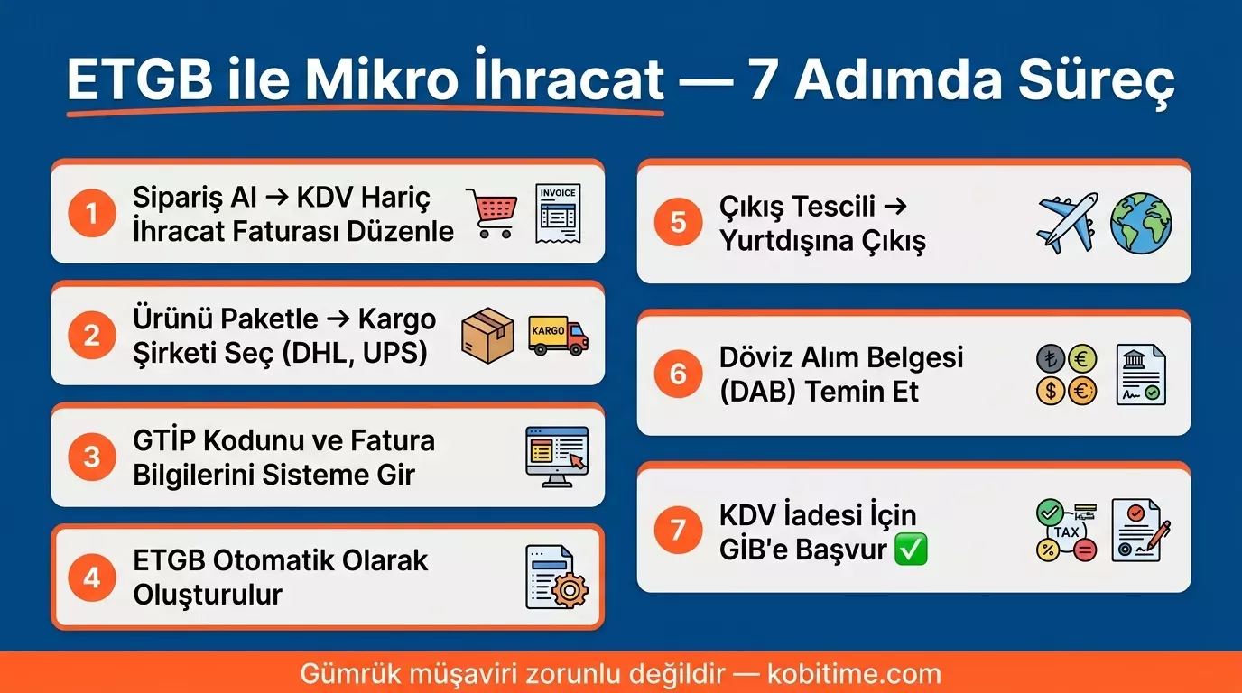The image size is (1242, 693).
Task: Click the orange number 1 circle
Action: pyautogui.click(x=92, y=214)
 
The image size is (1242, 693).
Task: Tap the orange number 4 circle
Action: pyautogui.click(x=92, y=577)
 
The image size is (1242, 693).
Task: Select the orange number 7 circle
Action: pyautogui.click(x=678, y=529)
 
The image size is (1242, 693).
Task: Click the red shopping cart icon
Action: pyautogui.click(x=491, y=213)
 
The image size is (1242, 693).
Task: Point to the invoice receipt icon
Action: pyautogui.click(x=557, y=213)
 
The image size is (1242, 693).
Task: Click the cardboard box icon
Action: pyautogui.click(x=487, y=335)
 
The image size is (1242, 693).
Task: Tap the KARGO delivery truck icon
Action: pyautogui.click(x=557, y=335)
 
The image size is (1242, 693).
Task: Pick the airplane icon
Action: pyautogui.click(x=1068, y=222)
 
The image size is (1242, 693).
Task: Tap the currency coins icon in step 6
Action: pyautogui.click(x=1066, y=374)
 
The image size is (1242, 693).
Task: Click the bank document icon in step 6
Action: pyautogui.click(x=1140, y=374)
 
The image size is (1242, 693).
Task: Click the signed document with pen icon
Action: pyautogui.click(x=1140, y=530)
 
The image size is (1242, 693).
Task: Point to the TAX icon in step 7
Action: pyautogui.click(x=1066, y=531)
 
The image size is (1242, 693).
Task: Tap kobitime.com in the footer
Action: pyautogui.click(x=854, y=673)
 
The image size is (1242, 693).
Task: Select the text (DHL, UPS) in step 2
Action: pyautogui.click(x=355, y=352)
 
